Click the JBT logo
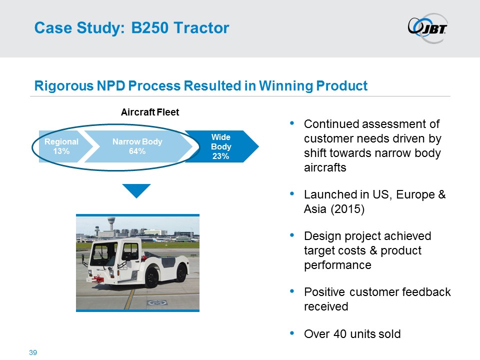427,28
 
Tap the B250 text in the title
149,28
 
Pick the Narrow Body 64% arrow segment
138,146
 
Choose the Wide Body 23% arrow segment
223,146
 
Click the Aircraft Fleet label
150,112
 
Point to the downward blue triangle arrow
136,190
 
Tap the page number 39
33,352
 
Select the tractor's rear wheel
180,273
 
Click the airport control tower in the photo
111,226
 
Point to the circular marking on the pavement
157,303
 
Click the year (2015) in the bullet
347,209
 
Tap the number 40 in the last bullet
340,334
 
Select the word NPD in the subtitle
111,85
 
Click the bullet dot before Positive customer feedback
291,291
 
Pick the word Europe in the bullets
415,194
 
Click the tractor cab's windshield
100,254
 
